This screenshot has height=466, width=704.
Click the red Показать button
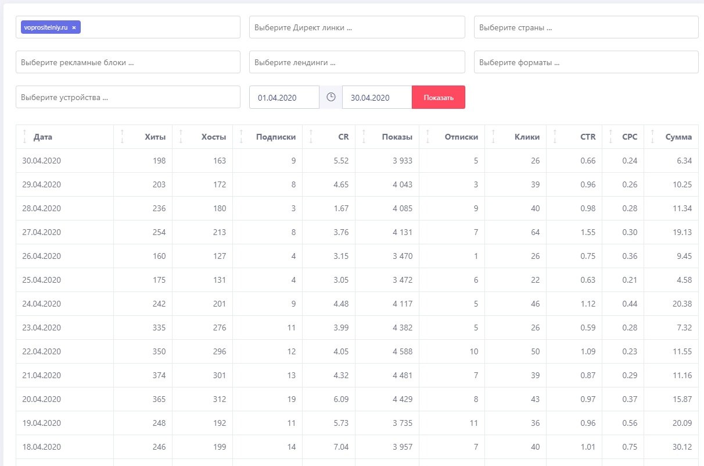tap(438, 97)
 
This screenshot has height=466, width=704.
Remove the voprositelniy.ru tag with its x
tap(74, 27)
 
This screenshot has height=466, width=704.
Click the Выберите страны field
tap(586, 27)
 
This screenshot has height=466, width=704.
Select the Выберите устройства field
tap(128, 97)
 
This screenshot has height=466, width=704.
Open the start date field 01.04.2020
tap(284, 97)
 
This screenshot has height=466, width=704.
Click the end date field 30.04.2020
tap(377, 97)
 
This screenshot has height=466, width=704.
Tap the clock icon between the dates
tap(331, 97)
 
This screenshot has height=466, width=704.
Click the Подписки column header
tap(276, 137)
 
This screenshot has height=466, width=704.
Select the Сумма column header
tap(678, 137)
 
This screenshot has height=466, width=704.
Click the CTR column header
tap(588, 137)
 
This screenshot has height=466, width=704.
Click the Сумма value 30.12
tap(680, 447)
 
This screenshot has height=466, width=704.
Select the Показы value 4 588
tap(402, 351)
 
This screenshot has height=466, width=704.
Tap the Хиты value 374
tap(157, 375)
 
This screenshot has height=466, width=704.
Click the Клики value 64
tap(534, 232)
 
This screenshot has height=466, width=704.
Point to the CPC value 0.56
tap(630, 423)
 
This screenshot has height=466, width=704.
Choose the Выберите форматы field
tap(586, 62)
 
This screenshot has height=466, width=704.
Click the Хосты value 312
tap(218, 399)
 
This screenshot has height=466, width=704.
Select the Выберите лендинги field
tap(357, 62)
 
